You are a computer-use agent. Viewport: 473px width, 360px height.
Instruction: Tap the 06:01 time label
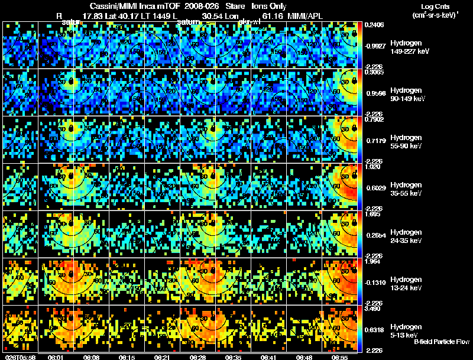click(x=56, y=357)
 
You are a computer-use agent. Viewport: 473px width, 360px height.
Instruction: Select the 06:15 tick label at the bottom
click(x=127, y=357)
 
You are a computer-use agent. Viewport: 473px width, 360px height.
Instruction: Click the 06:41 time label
click(x=268, y=357)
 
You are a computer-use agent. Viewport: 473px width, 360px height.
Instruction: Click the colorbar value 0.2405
click(x=372, y=25)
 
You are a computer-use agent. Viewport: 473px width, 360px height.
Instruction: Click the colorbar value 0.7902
click(x=372, y=120)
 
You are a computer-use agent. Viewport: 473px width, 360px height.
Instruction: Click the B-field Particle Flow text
click(x=442, y=342)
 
